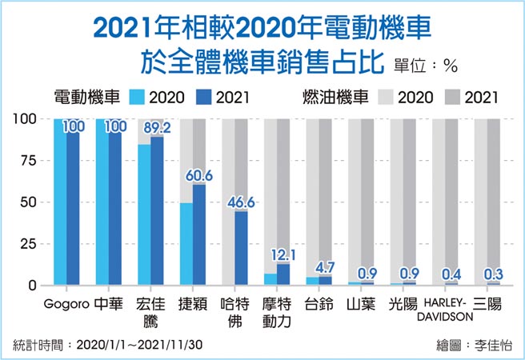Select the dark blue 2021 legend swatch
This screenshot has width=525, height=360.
pyautogui.click(x=204, y=98)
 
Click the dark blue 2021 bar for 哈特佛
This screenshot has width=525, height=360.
pyautogui.click(x=241, y=248)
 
